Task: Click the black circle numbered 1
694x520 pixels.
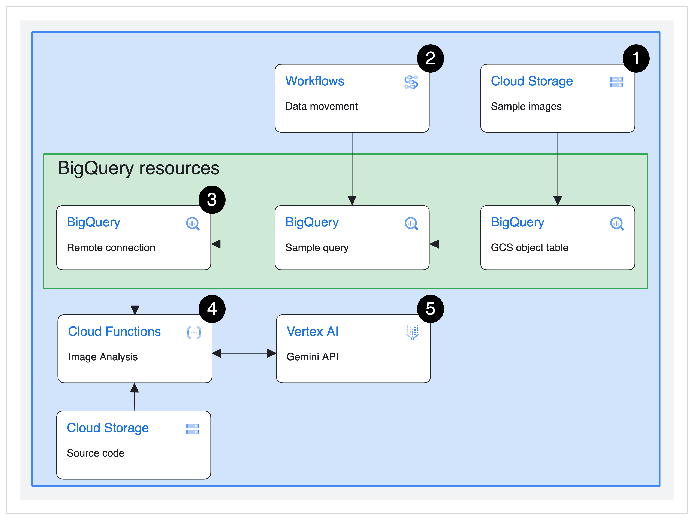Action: (x=636, y=58)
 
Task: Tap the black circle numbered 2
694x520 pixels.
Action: (x=430, y=58)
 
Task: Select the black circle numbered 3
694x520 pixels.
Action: (x=212, y=200)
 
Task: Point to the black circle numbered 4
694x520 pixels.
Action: (x=212, y=309)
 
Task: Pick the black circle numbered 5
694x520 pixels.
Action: (x=430, y=309)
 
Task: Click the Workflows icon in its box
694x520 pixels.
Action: (x=411, y=82)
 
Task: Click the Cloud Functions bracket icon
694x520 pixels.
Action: (x=194, y=332)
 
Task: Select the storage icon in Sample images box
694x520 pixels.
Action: (x=616, y=82)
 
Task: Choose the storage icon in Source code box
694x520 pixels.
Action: (x=193, y=429)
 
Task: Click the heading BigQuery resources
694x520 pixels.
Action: (x=138, y=168)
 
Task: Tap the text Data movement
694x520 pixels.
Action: (x=321, y=107)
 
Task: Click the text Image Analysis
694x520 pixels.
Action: (x=103, y=357)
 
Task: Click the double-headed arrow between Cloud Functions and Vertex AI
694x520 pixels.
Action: (x=244, y=353)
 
